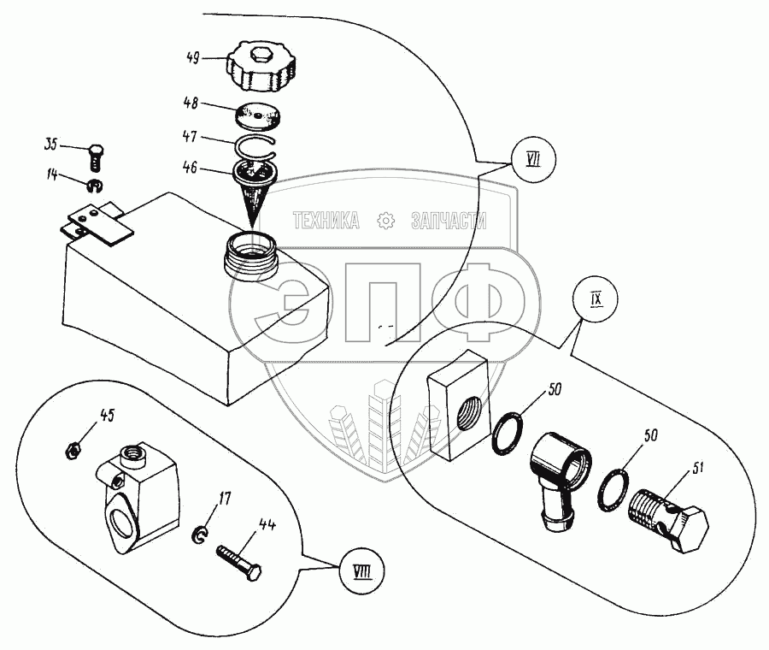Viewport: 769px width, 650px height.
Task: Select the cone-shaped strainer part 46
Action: click(x=255, y=188)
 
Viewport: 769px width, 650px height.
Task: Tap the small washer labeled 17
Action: click(x=199, y=535)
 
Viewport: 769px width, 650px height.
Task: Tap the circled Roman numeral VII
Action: click(x=533, y=160)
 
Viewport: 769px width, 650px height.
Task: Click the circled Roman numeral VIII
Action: click(x=361, y=571)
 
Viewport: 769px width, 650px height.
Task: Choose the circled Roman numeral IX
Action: click(x=596, y=298)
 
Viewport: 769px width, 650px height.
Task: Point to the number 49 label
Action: click(x=194, y=58)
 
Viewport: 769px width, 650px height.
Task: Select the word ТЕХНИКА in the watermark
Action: click(x=326, y=221)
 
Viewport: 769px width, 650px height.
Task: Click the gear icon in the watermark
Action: click(x=386, y=221)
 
